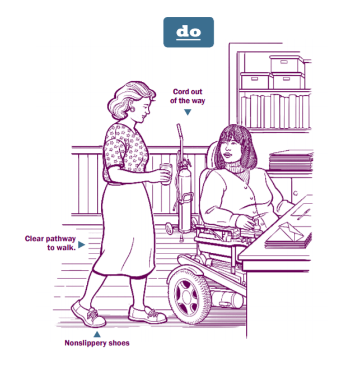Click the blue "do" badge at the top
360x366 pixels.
click(x=188, y=32)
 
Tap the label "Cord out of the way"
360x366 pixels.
click(x=188, y=96)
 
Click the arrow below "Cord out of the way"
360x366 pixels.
click(x=188, y=112)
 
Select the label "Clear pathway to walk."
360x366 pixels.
click(x=50, y=242)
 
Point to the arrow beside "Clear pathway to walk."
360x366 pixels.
click(x=82, y=244)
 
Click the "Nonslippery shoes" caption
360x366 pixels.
click(x=96, y=342)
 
